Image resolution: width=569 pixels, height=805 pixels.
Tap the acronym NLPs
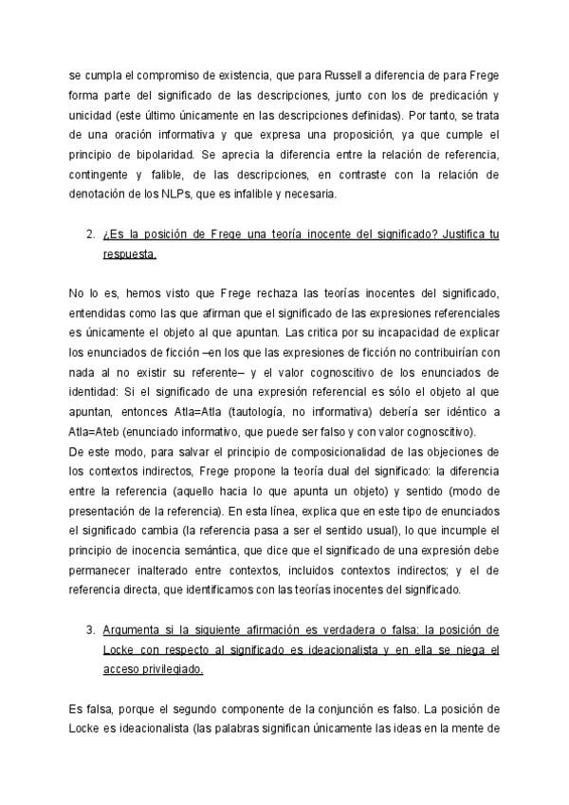(x=207, y=195)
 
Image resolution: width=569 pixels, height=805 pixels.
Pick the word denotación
(x=101, y=195)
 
